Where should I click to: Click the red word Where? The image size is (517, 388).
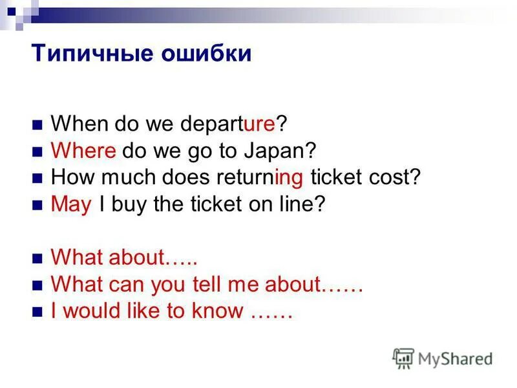[x=83, y=151]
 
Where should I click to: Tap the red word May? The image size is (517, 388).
[x=71, y=205]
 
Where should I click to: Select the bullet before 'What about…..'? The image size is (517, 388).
[x=37, y=258]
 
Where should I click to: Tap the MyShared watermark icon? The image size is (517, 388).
[x=403, y=358]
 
